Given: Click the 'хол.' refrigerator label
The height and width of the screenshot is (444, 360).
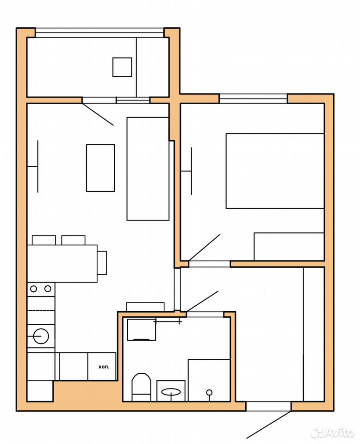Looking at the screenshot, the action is click(x=104, y=367).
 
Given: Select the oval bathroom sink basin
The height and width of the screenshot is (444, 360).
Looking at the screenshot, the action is click(x=171, y=392).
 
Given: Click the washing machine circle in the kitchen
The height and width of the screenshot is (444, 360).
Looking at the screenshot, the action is click(x=41, y=336).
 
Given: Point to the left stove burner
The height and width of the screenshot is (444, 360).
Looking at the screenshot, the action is click(x=33, y=289).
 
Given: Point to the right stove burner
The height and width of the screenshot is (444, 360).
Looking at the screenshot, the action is click(x=48, y=289).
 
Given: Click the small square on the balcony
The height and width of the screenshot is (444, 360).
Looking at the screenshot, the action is click(x=122, y=67).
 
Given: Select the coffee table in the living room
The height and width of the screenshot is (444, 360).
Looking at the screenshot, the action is click(x=100, y=168).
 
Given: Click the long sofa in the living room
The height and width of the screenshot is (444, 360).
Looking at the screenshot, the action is click(x=148, y=169).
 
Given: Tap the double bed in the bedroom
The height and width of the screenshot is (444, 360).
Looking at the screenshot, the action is click(x=275, y=171).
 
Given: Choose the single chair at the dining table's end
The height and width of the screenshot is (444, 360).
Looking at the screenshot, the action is click(x=102, y=263).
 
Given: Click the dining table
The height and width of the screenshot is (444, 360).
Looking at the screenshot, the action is click(x=62, y=264).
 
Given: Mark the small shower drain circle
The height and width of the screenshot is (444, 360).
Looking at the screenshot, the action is click(x=209, y=393).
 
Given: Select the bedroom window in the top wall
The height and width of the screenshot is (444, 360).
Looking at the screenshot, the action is click(x=254, y=99).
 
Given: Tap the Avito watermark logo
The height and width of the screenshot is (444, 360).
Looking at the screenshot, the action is click(x=333, y=432).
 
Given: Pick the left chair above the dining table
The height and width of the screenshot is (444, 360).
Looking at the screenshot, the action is click(x=44, y=240).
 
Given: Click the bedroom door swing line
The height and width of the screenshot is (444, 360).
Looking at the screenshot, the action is click(x=205, y=247).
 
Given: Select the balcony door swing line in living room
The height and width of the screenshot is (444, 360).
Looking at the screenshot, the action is click(x=98, y=114).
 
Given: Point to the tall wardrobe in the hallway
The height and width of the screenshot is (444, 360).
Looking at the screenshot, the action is click(x=314, y=334).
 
